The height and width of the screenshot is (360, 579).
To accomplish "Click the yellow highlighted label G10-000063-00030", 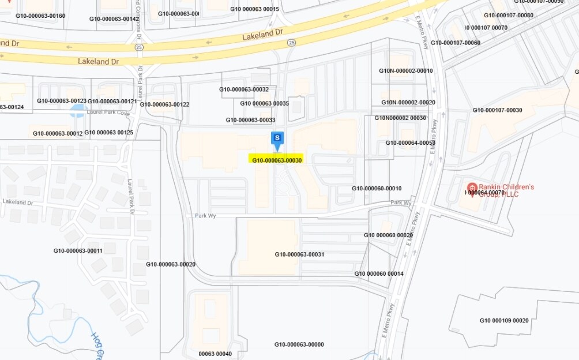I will click(x=277, y=160).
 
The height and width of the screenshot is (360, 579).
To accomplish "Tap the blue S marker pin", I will click(x=277, y=138).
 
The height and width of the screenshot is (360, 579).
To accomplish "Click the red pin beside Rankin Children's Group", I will click(x=472, y=188).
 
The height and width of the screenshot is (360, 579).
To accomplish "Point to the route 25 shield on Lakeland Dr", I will click(x=292, y=43).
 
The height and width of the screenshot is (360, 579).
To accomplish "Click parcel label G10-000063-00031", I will click(x=299, y=254).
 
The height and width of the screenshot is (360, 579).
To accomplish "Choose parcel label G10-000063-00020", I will click(x=171, y=264).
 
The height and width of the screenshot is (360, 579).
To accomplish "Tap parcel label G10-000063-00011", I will click(x=78, y=251).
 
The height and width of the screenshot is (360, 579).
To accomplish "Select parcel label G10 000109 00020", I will click(x=504, y=320).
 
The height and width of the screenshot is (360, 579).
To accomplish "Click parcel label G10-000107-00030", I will click(x=497, y=110).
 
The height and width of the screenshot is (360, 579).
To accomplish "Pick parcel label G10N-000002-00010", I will click(x=406, y=70).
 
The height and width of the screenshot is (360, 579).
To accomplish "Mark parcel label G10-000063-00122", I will click(x=164, y=104).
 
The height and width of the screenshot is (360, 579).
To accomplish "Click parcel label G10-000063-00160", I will click(x=40, y=16).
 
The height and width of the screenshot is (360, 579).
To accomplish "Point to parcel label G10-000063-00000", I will click(x=299, y=344).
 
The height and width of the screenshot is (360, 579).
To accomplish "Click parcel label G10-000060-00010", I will click(x=377, y=189).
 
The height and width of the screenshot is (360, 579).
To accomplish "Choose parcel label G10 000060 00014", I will click(x=379, y=273).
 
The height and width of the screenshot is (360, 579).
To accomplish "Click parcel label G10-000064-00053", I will click(x=411, y=142).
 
